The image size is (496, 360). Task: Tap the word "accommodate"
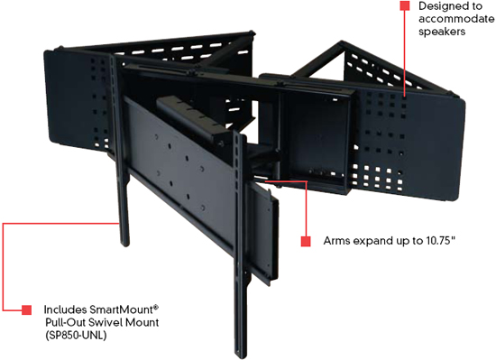point(457,19)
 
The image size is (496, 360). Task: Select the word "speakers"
point(442,32)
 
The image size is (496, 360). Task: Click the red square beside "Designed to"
point(405,5)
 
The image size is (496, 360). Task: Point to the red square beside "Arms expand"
point(306,241)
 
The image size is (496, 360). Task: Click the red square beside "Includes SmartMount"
point(26,309)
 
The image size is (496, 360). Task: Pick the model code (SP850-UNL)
point(76,336)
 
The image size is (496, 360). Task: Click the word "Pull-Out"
point(66,322)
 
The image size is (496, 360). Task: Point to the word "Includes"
point(66,309)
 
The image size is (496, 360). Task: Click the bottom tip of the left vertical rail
point(125,245)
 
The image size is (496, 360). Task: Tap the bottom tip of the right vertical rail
point(241,356)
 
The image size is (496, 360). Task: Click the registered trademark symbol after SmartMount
point(156,307)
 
